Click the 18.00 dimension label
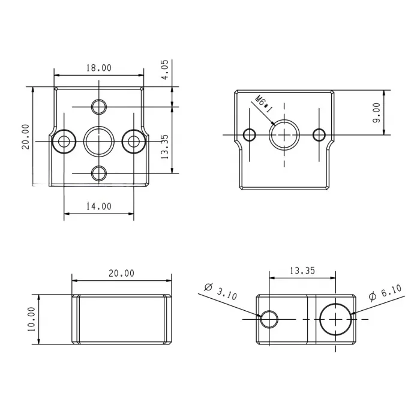[98, 68]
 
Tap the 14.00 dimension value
[98, 206]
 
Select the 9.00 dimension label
[377, 112]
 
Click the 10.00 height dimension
[31, 319]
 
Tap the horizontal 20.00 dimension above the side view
[121, 273]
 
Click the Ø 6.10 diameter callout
[382, 293]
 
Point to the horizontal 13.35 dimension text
[302, 271]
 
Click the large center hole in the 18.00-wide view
[98, 141]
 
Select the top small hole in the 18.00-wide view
[98, 107]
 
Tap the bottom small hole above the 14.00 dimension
[98, 173]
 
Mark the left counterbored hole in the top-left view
[64, 141]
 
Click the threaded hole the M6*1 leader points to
[284, 134]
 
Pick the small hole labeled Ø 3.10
[269, 319]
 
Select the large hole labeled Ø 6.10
[335, 319]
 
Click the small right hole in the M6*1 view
[320, 134]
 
